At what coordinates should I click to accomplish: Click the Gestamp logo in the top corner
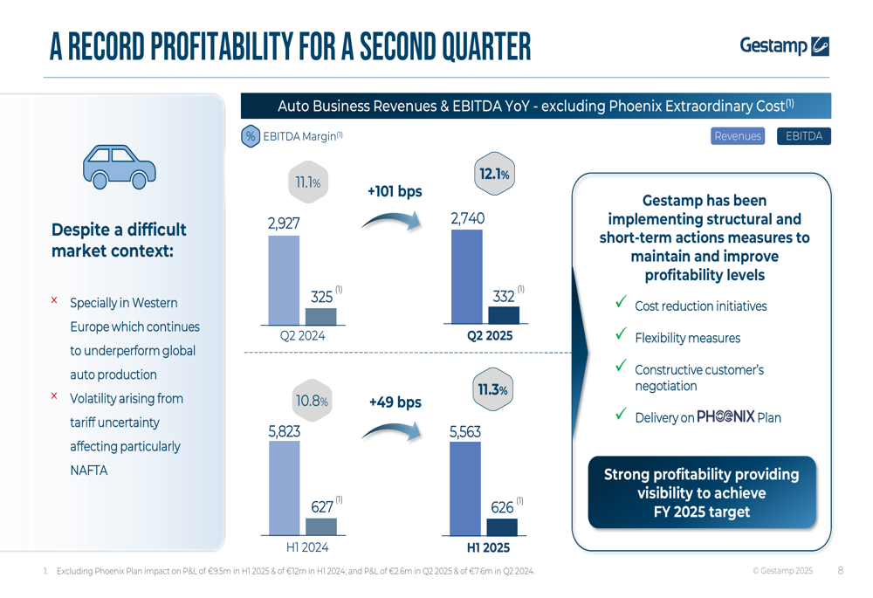click(783, 45)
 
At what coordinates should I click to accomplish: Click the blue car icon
click(119, 166)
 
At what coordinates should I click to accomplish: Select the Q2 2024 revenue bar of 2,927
click(283, 279)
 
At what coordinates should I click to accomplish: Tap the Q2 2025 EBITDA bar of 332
click(504, 315)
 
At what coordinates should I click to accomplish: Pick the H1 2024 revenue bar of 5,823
click(284, 487)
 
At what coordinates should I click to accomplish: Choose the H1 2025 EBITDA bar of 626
click(502, 526)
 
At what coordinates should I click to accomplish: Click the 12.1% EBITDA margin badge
click(493, 175)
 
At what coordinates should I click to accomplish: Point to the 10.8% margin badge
click(311, 402)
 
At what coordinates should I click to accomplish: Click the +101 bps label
click(395, 191)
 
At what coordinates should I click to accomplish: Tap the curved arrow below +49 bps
click(392, 430)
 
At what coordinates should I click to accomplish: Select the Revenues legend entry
click(738, 136)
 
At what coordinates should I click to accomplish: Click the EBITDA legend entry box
click(803, 136)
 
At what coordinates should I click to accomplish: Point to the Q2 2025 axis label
click(490, 335)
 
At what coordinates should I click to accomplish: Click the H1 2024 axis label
click(307, 547)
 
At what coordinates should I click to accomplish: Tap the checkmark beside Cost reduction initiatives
click(621, 302)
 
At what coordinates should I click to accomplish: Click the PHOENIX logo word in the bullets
click(725, 417)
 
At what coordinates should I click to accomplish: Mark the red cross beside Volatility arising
click(54, 396)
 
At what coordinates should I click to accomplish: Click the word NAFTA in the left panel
click(88, 471)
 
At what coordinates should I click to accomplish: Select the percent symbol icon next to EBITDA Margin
click(251, 136)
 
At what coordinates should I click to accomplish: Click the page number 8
click(840, 571)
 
